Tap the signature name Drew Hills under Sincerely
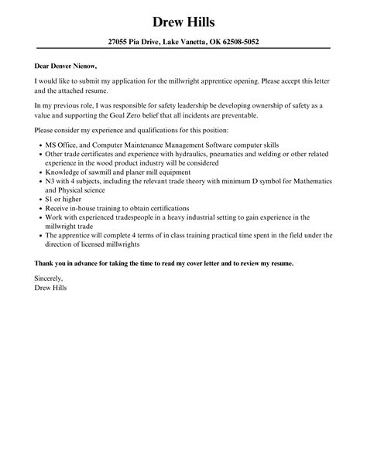[51, 286]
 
